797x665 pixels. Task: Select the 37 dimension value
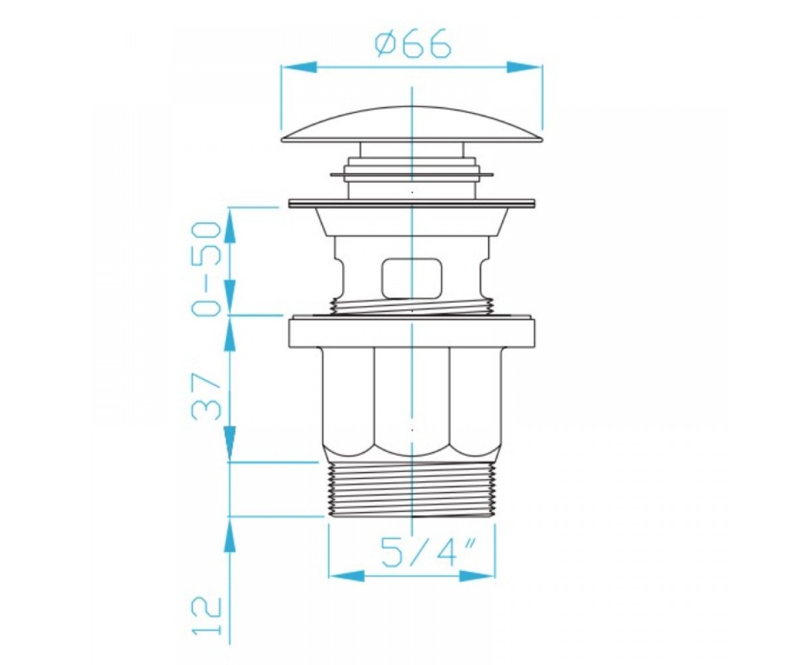[207, 396]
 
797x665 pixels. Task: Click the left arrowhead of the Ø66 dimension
[298, 67]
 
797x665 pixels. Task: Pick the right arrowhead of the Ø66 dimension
[524, 67]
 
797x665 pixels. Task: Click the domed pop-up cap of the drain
[412, 124]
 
